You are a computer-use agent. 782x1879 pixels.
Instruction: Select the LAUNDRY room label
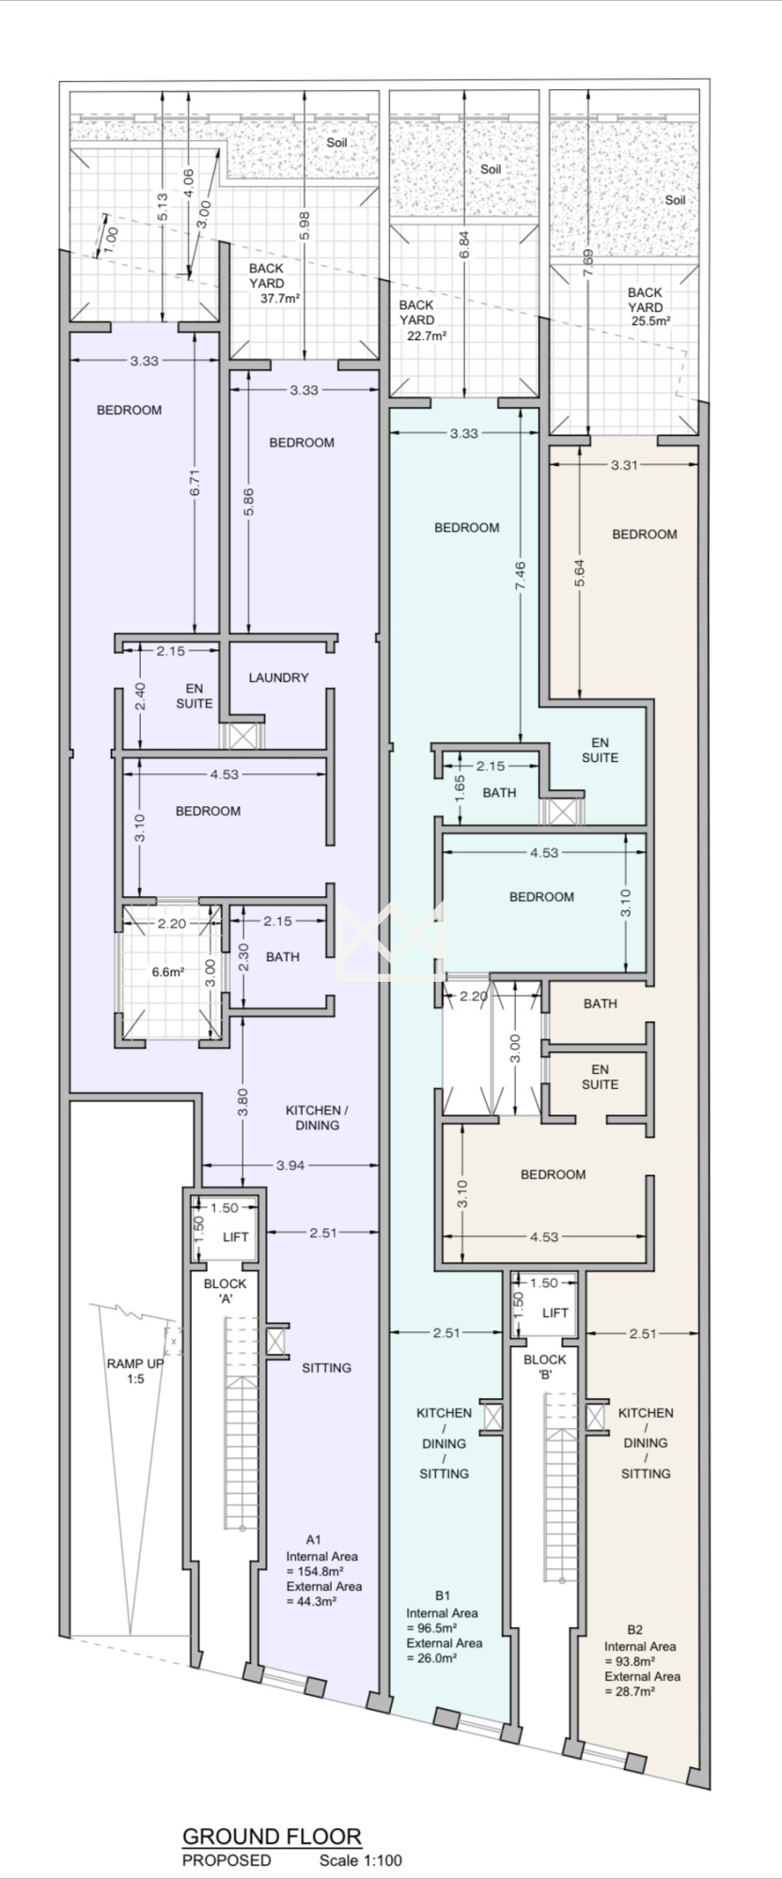pyautogui.click(x=279, y=677)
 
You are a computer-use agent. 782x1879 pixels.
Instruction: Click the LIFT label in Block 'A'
pyautogui.click(x=236, y=1236)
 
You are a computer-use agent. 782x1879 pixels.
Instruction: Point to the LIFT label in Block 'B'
pyautogui.click(x=555, y=1312)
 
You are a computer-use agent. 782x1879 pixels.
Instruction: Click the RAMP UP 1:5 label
pyautogui.click(x=134, y=1371)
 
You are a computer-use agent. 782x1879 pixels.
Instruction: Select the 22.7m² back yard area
pyautogui.click(x=426, y=335)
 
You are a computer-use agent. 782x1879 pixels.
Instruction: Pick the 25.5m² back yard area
pyautogui.click(x=651, y=320)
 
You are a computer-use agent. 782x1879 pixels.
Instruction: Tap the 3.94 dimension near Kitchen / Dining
pyautogui.click(x=291, y=1165)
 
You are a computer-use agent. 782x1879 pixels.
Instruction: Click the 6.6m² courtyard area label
pyautogui.click(x=169, y=972)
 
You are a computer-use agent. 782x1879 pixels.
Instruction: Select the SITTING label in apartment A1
pyautogui.click(x=327, y=1368)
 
